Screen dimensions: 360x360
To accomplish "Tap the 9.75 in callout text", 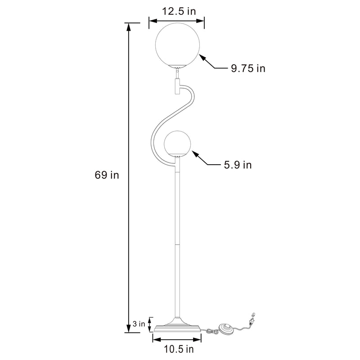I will pos(248,68).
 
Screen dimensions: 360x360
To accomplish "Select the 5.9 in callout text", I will pos(238,165).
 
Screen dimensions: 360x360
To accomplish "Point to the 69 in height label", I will pos(107,175).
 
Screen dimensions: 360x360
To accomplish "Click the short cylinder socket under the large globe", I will pos(177,86).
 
